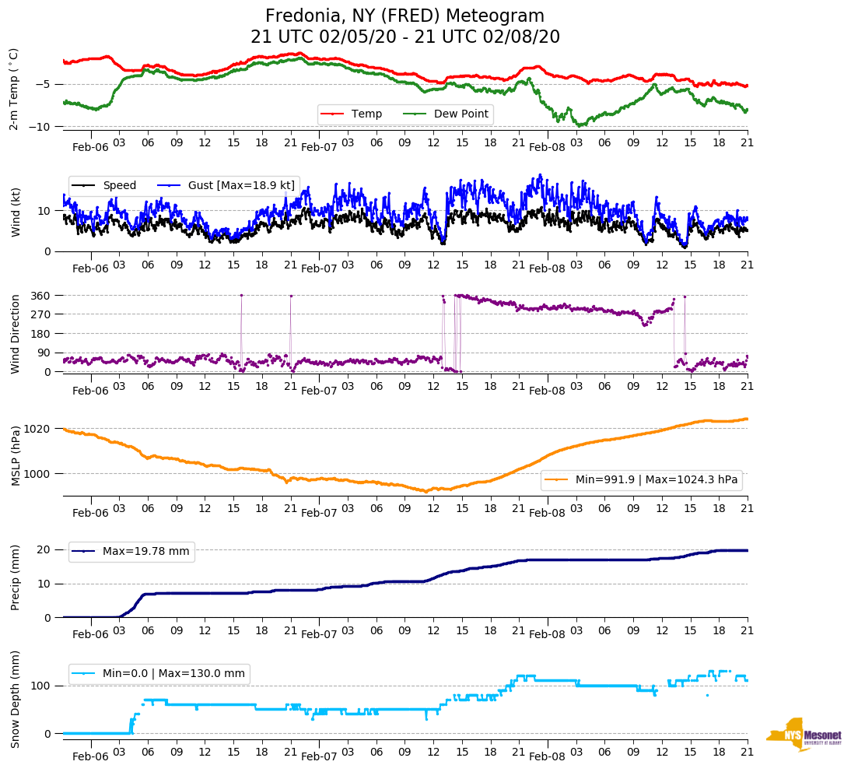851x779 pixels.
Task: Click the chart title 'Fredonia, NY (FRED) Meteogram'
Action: pos(404,16)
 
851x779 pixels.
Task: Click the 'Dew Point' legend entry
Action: pos(461,114)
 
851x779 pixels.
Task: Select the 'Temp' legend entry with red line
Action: pos(366,114)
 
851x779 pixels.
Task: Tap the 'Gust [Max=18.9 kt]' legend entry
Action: pos(241,185)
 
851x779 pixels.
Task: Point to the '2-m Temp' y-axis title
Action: pos(14,88)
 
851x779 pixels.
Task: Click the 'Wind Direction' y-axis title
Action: pos(14,333)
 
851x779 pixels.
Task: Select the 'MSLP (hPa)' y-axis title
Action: pos(14,456)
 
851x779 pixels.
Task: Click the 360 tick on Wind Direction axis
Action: pos(40,296)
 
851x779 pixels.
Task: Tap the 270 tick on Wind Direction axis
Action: pos(40,314)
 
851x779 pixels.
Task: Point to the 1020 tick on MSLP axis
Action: pos(37,429)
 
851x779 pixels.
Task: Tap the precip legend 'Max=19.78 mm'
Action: pos(145,552)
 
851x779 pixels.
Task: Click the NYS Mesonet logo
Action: pos(804,734)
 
